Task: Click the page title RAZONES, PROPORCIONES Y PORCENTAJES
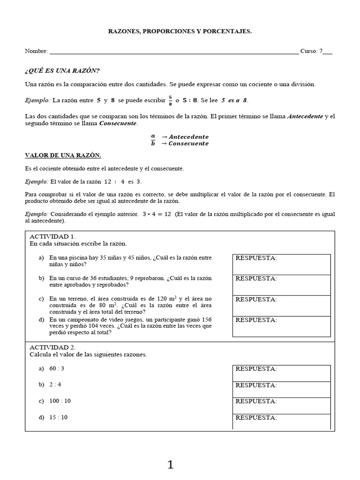(180, 31)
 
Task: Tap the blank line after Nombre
(173, 52)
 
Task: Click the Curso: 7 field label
(319, 51)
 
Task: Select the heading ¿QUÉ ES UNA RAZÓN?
(62, 71)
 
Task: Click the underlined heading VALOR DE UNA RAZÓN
(62, 155)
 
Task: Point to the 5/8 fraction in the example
(170, 100)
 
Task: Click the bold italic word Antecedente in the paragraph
(305, 116)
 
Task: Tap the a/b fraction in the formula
(153, 140)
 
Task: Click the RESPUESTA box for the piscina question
(281, 264)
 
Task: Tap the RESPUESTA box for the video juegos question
(281, 327)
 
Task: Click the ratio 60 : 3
(56, 368)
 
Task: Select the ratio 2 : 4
(55, 385)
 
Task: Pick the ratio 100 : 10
(60, 401)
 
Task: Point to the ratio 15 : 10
(58, 417)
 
